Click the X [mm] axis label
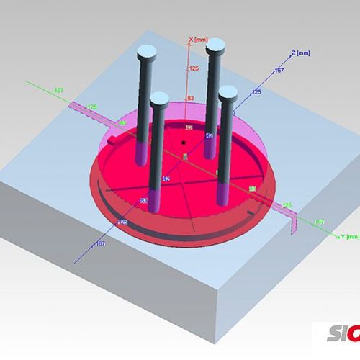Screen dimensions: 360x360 click(x=198, y=40)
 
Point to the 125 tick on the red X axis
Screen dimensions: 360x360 click(x=193, y=68)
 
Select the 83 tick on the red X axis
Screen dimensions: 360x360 click(x=192, y=98)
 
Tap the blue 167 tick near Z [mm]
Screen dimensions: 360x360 click(x=280, y=70)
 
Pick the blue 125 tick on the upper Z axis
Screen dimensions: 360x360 click(x=256, y=92)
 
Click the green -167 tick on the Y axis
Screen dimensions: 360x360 click(x=58, y=90)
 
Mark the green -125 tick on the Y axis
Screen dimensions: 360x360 click(x=91, y=107)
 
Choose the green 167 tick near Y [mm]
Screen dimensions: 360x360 click(x=319, y=221)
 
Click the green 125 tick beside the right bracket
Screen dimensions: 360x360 click(x=287, y=205)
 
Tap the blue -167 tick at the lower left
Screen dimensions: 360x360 click(x=100, y=245)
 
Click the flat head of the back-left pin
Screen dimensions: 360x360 click(x=147, y=51)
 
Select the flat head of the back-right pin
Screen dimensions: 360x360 click(x=215, y=47)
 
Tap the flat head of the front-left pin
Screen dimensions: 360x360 click(x=159, y=97)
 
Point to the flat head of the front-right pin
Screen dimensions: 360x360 click(x=228, y=91)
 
